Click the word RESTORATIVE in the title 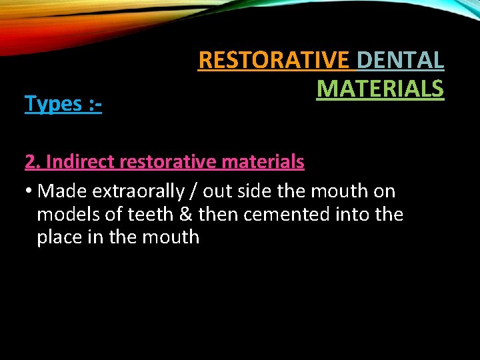pyautogui.click(x=274, y=60)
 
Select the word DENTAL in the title pyautogui.click(x=400, y=60)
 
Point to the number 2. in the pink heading pyautogui.click(x=33, y=161)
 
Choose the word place pyautogui.click(x=61, y=237)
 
